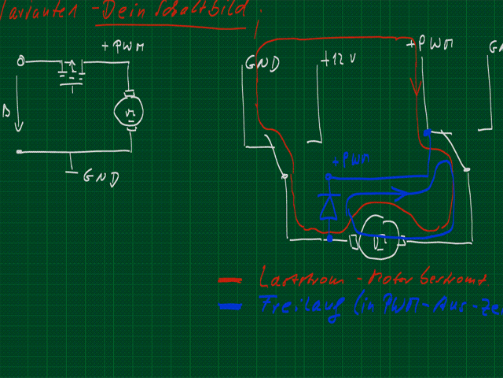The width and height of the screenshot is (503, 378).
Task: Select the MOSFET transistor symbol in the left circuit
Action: [x=72, y=74]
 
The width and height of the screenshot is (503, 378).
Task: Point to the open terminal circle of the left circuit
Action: [x=21, y=61]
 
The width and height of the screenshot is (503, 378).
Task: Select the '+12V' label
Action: [x=339, y=60]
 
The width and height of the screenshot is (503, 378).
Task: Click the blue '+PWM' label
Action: [x=351, y=160]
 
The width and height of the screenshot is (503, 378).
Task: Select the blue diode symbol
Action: [x=328, y=206]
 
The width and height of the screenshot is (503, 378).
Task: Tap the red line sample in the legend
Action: [x=234, y=280]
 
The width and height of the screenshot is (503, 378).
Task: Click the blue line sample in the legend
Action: [x=234, y=306]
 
